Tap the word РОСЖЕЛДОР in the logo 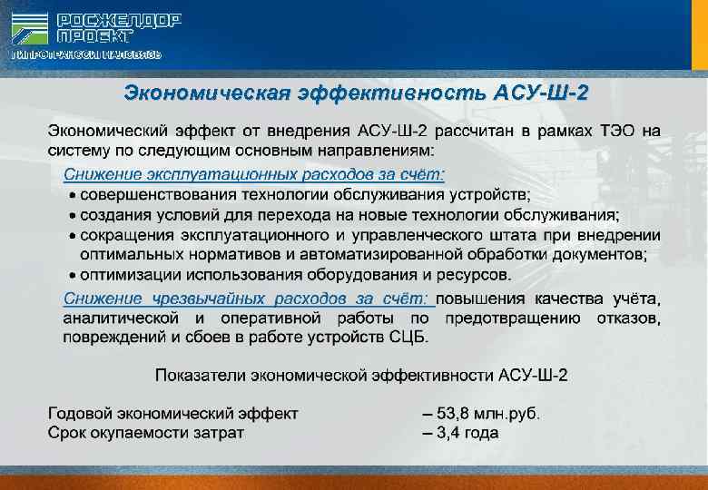point(119,20)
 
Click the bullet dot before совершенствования point(73,194)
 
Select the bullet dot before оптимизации point(73,274)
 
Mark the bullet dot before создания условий point(73,215)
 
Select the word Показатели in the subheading point(196,375)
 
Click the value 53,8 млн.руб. point(487,414)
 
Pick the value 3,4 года point(467,433)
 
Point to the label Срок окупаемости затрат point(145,433)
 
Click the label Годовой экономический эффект point(172,414)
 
